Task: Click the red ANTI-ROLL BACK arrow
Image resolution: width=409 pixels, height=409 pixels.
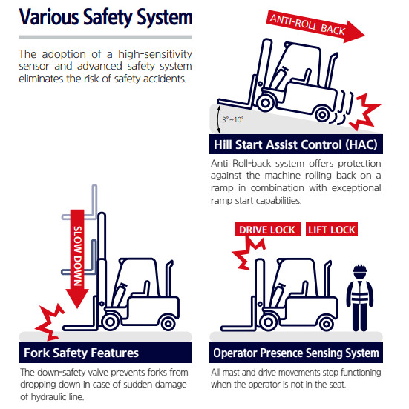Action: pyautogui.click(x=315, y=26)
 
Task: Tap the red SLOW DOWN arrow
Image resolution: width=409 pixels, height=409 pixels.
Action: pyautogui.click(x=77, y=259)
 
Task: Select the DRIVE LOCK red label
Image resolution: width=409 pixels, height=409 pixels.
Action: pyautogui.click(x=267, y=230)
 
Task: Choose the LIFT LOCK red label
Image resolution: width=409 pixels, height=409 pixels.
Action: pyautogui.click(x=332, y=230)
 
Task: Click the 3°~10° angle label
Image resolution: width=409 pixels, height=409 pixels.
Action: pyautogui.click(x=232, y=119)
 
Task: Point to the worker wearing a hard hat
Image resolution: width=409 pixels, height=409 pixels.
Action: pyautogui.click(x=360, y=298)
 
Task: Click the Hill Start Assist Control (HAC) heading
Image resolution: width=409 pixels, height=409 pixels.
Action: pyautogui.click(x=296, y=144)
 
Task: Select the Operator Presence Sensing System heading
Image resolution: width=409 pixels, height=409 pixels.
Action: pyautogui.click(x=296, y=353)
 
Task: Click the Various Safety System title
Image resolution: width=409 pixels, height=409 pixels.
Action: pyautogui.click(x=106, y=17)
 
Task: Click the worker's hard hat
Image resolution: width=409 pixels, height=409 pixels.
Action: pyautogui.click(x=360, y=269)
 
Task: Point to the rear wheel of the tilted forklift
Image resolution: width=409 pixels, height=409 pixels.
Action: pyautogui.click(x=322, y=114)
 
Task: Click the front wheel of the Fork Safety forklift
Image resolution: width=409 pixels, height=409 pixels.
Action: pyautogui.click(x=110, y=322)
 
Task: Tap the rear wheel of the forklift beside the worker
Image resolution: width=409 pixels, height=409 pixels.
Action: pyautogui.click(x=326, y=325)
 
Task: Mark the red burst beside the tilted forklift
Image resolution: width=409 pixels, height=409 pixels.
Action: pyautogui.click(x=365, y=111)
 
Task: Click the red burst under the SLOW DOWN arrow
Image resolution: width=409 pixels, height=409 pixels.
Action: pyautogui.click(x=50, y=322)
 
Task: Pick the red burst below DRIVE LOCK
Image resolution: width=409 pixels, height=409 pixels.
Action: pyautogui.click(x=248, y=253)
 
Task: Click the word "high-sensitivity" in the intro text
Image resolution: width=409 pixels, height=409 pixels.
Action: pyautogui.click(x=155, y=54)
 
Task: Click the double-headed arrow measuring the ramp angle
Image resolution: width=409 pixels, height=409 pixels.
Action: pyautogui.click(x=219, y=119)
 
